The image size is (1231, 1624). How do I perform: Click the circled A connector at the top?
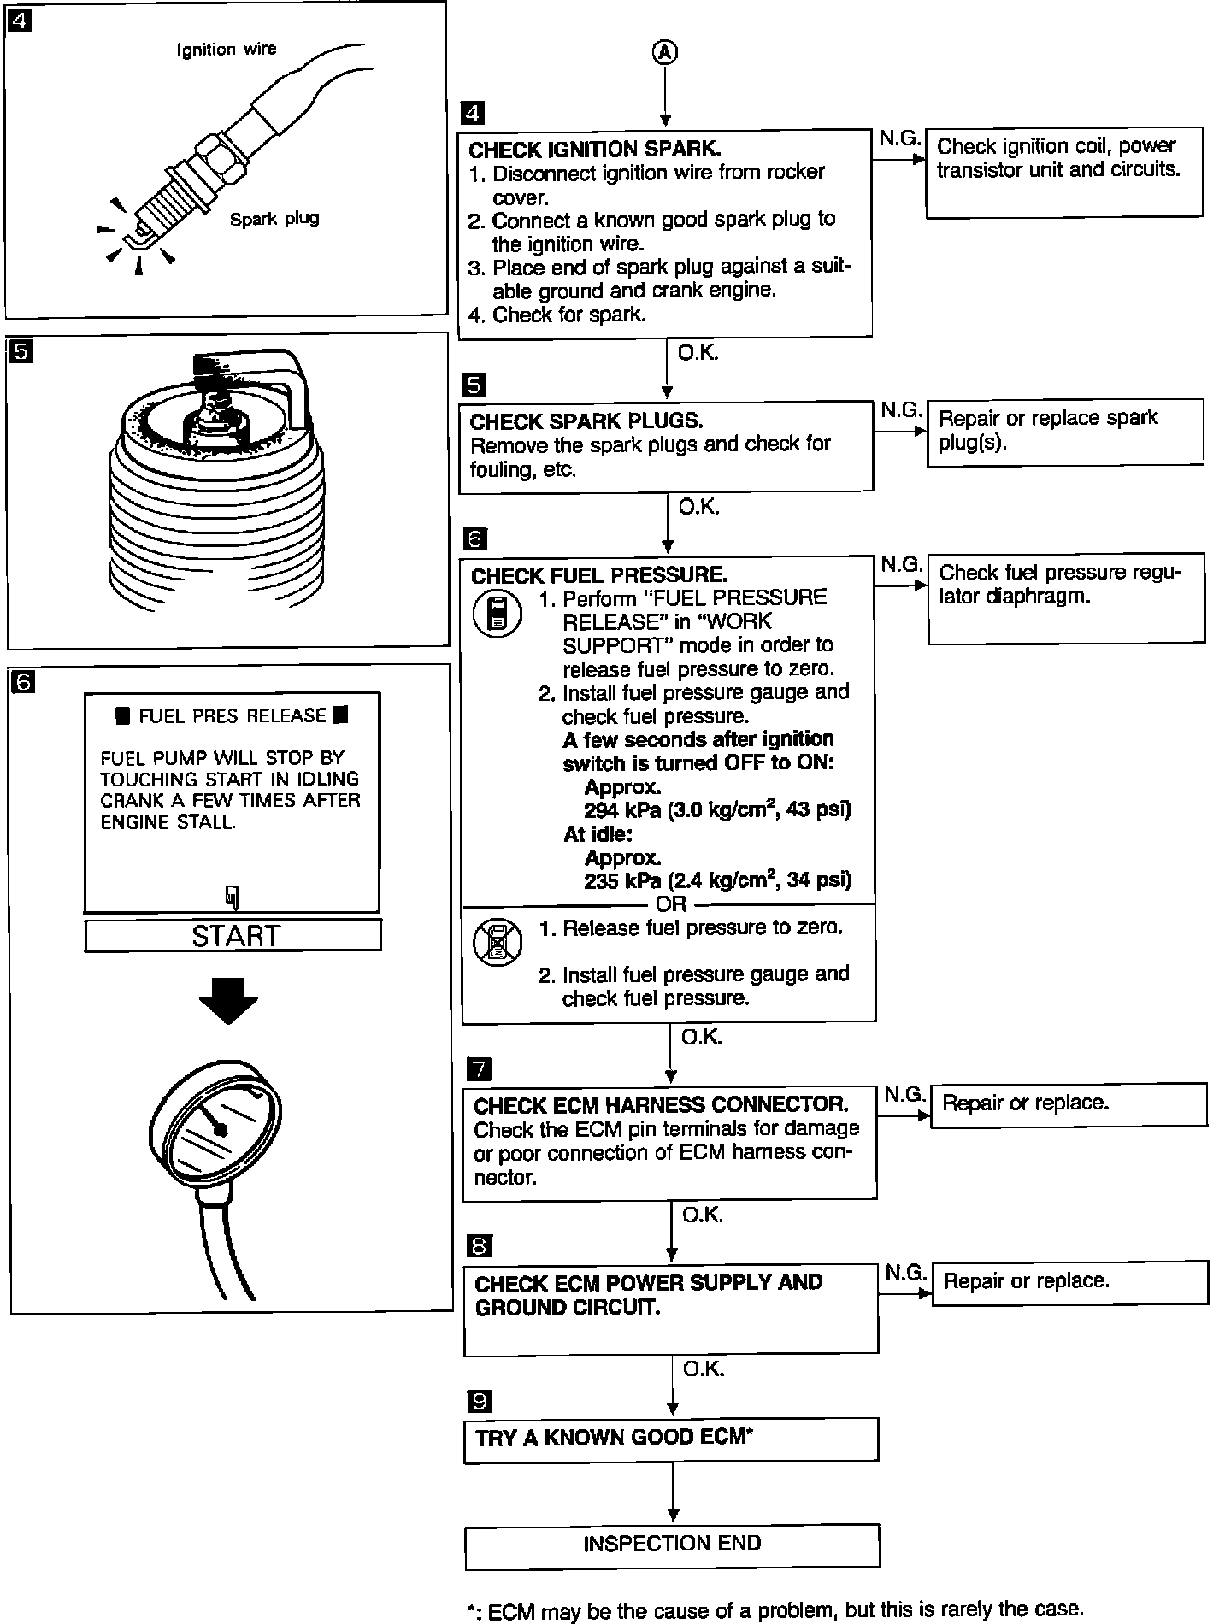click(x=665, y=53)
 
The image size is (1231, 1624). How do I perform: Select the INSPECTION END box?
click(x=672, y=1544)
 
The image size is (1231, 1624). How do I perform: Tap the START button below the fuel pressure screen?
click(x=233, y=936)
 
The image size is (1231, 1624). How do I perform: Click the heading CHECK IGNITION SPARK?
click(x=595, y=150)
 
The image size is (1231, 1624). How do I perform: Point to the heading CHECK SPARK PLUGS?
click(x=586, y=421)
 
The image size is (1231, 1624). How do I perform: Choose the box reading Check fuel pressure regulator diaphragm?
click(x=1065, y=597)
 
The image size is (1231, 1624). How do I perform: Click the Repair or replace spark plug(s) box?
click(x=1064, y=431)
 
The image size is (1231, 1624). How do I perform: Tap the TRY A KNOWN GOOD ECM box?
click(x=671, y=1438)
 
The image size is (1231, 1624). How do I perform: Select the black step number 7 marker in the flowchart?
click(x=480, y=1068)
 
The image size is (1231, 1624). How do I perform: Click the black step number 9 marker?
click(x=480, y=1400)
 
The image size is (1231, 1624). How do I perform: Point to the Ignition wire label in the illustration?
click(x=227, y=50)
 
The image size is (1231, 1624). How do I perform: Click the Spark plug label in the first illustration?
click(x=274, y=219)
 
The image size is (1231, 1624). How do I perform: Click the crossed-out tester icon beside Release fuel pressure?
click(x=497, y=941)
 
